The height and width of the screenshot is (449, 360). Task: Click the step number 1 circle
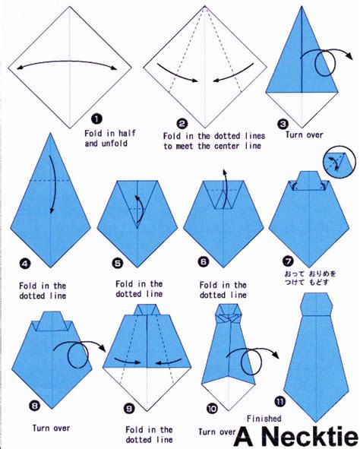(96, 119)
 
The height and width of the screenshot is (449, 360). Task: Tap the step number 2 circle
(182, 123)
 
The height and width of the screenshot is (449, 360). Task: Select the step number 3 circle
(283, 124)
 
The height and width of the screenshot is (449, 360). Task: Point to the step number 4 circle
(25, 264)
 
